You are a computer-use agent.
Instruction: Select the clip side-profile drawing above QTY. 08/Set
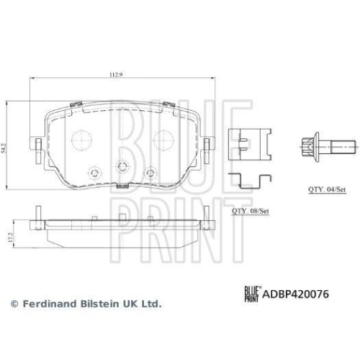[249, 180]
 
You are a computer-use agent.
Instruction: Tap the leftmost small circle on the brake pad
[92, 173]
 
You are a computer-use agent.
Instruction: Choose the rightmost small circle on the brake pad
[151, 173]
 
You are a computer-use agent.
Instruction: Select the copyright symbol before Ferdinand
[12, 305]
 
